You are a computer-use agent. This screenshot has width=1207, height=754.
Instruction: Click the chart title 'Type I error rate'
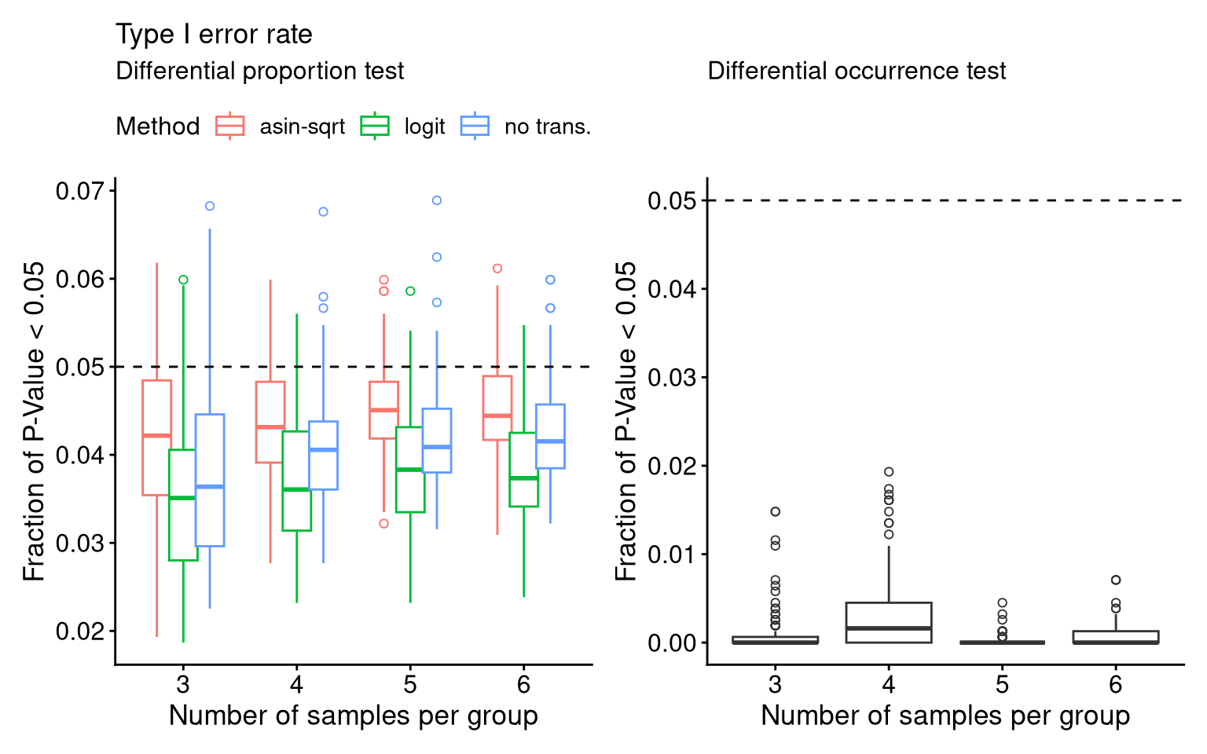(214, 35)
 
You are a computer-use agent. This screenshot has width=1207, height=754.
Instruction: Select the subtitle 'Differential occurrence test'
(857, 71)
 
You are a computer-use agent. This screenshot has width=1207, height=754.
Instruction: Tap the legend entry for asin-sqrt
(281, 126)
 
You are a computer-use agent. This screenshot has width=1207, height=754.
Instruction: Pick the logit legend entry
(403, 126)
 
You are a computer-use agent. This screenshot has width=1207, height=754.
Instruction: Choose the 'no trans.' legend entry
(526, 126)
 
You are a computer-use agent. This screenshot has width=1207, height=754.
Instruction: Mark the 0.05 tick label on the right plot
(672, 201)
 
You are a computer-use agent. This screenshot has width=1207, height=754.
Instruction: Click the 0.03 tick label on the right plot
(672, 378)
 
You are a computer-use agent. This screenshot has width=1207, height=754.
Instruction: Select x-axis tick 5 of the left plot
(410, 685)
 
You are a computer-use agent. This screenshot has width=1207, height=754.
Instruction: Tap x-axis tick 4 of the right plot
(889, 685)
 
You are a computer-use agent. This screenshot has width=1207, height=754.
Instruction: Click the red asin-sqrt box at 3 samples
(156, 437)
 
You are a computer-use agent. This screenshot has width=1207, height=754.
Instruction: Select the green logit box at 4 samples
(297, 481)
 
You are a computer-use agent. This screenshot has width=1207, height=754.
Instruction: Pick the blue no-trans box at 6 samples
(550, 437)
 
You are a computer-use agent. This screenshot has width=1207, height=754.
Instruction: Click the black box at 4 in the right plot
(889, 622)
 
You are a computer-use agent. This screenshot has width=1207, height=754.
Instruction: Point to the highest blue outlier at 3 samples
(210, 207)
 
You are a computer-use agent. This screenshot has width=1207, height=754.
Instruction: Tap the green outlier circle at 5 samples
(410, 291)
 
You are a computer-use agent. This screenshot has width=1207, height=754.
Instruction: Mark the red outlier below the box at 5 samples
(383, 524)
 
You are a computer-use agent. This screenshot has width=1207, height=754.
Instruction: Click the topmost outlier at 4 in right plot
(889, 472)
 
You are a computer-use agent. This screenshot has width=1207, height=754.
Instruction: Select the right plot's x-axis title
(945, 716)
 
